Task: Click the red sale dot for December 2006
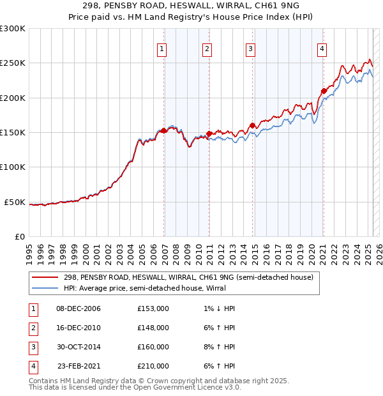[x=164, y=130]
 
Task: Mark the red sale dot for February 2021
[x=324, y=91]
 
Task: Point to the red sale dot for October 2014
[x=252, y=125]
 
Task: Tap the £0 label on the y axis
[x=19, y=236]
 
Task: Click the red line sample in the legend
[x=44, y=278]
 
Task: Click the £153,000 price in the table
[x=153, y=308]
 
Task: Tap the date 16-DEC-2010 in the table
[x=79, y=328]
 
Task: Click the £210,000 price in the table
[x=153, y=366]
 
